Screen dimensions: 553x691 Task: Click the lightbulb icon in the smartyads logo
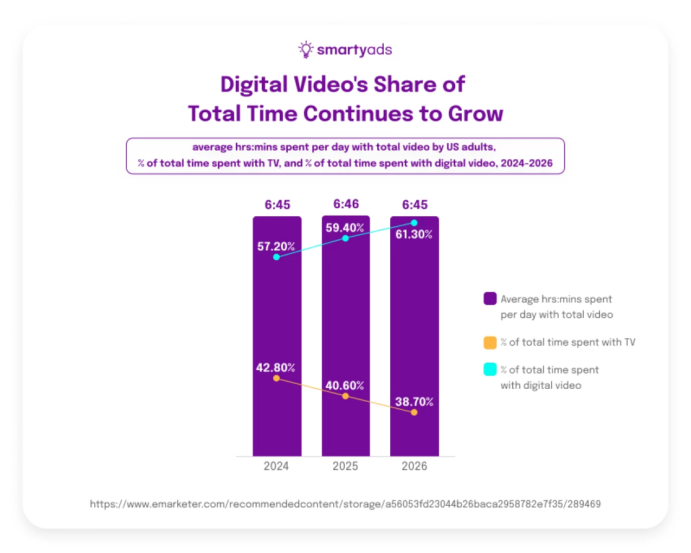tap(306, 49)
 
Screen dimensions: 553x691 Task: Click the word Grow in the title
tap(475, 114)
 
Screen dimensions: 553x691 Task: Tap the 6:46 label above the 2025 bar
tap(346, 204)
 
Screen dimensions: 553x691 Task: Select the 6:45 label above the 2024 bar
tap(277, 204)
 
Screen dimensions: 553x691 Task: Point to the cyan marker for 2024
tap(276, 257)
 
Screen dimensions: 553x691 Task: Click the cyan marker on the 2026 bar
tap(414, 223)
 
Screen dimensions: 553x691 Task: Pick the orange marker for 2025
tap(345, 396)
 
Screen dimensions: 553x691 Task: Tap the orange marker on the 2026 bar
tap(414, 413)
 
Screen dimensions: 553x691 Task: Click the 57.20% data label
tap(276, 246)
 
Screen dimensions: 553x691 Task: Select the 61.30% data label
tap(414, 234)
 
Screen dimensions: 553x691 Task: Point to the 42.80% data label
tap(275, 368)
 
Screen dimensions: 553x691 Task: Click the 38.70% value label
tap(414, 402)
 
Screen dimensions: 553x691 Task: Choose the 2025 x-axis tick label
tap(345, 466)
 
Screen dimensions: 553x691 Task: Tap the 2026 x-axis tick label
tap(414, 466)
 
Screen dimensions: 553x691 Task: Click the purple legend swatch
tap(490, 299)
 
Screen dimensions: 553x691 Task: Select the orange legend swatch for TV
tap(490, 343)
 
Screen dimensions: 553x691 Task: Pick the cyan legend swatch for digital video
tap(490, 370)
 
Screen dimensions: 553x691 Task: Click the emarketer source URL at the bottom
tap(345, 504)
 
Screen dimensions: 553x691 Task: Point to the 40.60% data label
tap(345, 385)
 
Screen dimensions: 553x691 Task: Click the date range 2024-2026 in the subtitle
tap(526, 163)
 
